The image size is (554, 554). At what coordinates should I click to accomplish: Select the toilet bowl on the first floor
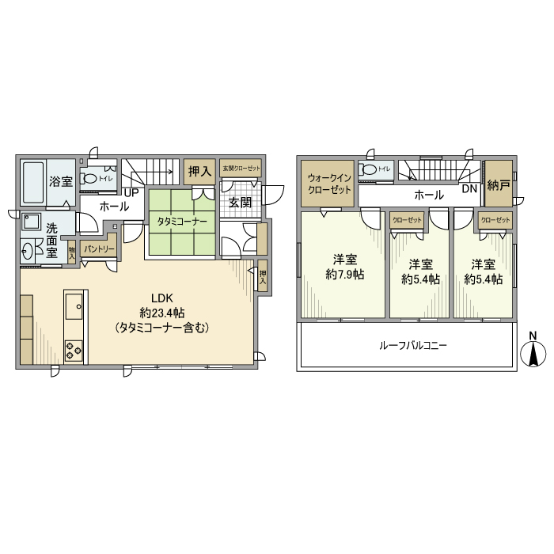(x=89, y=179)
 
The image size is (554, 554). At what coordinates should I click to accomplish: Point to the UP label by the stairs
(x=131, y=192)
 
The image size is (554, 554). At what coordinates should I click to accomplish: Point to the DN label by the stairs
(x=469, y=189)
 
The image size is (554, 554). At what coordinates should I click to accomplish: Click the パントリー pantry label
(x=99, y=249)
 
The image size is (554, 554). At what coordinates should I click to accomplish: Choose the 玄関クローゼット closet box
(x=241, y=169)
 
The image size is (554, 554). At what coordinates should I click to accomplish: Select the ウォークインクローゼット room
(x=329, y=184)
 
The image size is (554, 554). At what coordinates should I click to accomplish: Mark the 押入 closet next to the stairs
(x=199, y=171)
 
